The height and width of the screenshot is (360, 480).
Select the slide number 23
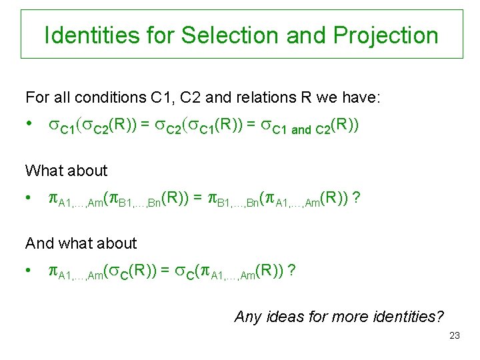[454, 335]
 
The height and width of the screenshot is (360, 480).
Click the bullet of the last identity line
[29, 271]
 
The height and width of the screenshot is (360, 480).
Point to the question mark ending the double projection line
[359, 199]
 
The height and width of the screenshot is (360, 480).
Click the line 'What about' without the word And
[66, 171]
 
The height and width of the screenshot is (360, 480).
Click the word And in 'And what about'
[37, 243]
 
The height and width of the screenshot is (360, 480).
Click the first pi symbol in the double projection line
[53, 199]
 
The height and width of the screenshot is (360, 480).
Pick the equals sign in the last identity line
[163, 271]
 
